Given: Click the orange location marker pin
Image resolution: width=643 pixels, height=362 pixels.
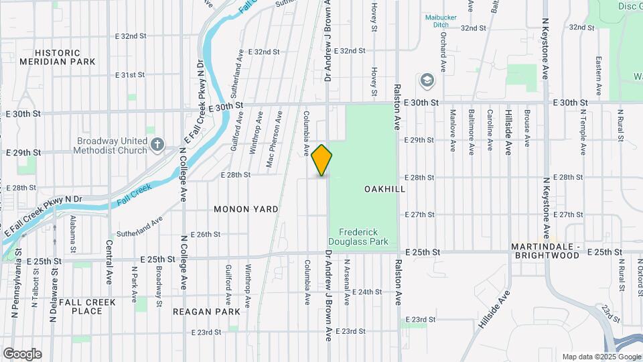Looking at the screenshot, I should (x=322, y=160).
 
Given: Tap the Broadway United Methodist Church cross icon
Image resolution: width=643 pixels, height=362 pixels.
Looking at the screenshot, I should (x=157, y=145).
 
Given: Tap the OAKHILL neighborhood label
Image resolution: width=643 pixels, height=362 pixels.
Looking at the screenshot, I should (x=385, y=190).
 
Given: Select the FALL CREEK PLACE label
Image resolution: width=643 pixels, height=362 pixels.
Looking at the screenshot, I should (x=87, y=306).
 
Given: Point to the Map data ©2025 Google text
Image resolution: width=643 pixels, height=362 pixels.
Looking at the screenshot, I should (x=601, y=357).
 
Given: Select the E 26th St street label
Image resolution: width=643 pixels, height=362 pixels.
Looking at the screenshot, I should (x=206, y=235).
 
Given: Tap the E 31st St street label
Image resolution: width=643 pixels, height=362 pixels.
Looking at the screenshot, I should (x=130, y=75).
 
